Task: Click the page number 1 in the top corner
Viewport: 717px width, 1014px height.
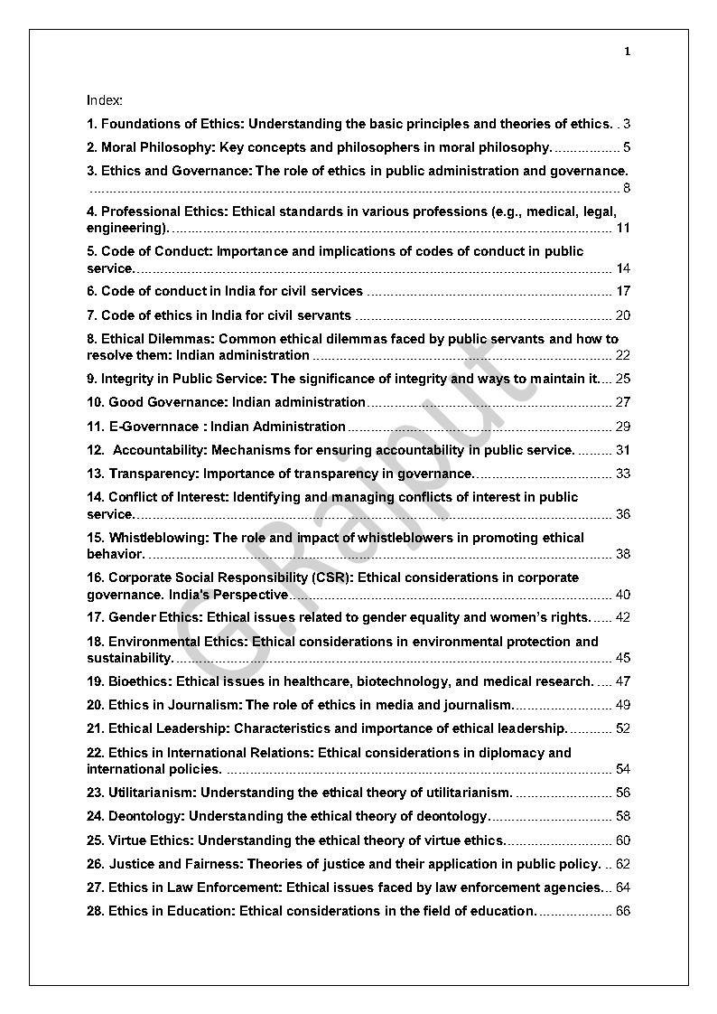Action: (627, 52)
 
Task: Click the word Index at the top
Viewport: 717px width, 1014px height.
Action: (104, 99)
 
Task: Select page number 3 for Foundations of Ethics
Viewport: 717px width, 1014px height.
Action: (626, 124)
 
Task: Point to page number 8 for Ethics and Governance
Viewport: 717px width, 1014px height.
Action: (626, 188)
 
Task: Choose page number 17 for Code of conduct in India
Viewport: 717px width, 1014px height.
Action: (622, 291)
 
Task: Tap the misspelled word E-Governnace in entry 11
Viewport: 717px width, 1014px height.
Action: (154, 427)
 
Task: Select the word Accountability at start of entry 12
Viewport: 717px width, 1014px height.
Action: (160, 450)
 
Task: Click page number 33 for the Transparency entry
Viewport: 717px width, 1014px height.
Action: (622, 474)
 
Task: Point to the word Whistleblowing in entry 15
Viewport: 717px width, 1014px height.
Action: (159, 538)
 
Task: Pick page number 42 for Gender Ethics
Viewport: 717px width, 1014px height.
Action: (622, 617)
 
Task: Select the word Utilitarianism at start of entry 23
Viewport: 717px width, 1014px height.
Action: (152, 793)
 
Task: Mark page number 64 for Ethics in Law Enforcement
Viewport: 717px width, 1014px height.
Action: (622, 887)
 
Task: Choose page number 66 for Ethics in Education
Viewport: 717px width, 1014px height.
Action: (622, 911)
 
